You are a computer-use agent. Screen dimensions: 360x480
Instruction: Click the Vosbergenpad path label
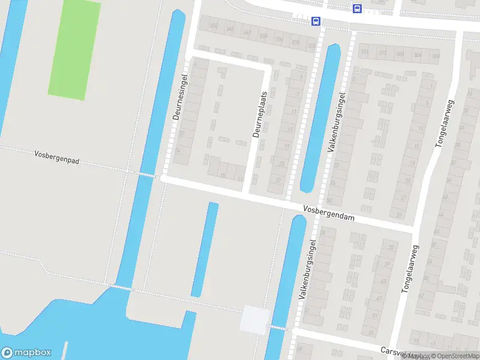(58, 157)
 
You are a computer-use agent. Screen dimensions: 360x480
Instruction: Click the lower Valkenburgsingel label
(307, 269)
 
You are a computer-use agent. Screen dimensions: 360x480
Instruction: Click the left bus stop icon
(316, 21)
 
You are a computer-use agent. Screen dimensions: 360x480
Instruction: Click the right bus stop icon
(357, 8)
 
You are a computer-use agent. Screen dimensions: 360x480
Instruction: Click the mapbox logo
(26, 353)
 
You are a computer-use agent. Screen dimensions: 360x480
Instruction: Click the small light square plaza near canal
(254, 319)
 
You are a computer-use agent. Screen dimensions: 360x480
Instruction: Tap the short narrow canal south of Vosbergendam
(205, 249)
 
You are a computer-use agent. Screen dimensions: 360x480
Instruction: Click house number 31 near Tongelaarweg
(400, 215)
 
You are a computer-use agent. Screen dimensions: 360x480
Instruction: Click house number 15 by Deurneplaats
(223, 176)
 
